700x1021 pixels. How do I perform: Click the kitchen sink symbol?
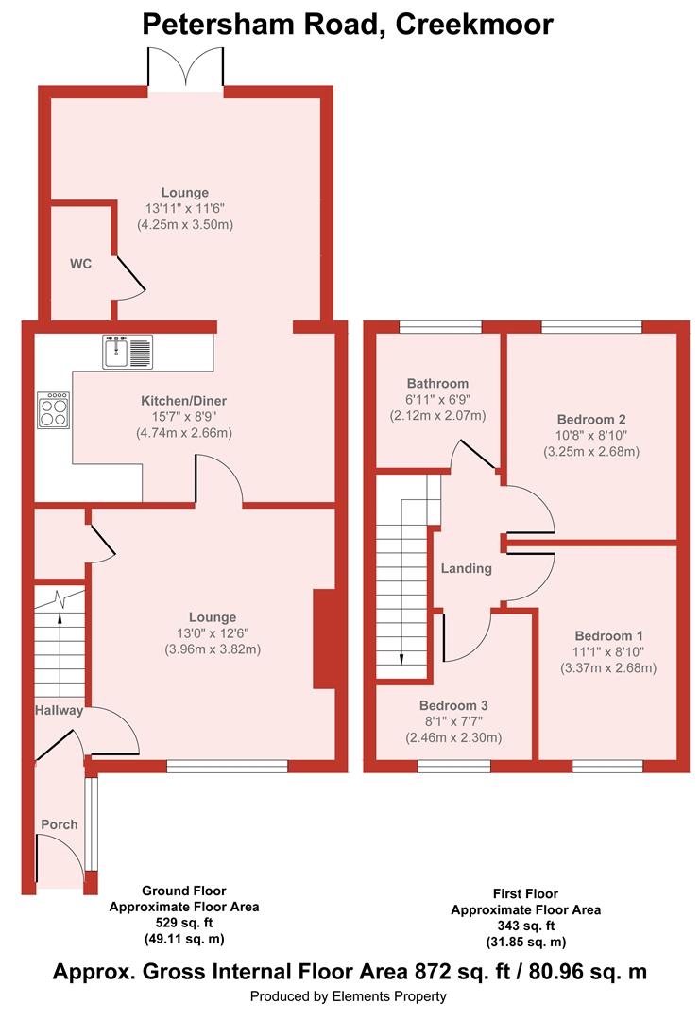pyautogui.click(x=128, y=352)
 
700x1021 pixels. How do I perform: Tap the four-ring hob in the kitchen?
pyautogui.click(x=53, y=410)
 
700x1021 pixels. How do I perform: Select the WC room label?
pyautogui.click(x=80, y=264)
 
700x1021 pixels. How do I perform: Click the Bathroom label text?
pyautogui.click(x=437, y=384)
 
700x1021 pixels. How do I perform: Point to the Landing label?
pyautogui.click(x=467, y=568)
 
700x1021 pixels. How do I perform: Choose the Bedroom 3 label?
pyautogui.click(x=453, y=705)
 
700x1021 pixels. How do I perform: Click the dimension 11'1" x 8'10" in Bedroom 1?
pyautogui.click(x=608, y=651)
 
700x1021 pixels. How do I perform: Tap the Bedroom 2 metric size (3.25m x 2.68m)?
pyautogui.click(x=591, y=451)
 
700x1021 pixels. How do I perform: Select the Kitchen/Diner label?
pyautogui.click(x=184, y=401)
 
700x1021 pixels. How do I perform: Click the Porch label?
pyautogui.click(x=60, y=824)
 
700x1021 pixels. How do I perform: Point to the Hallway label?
pyautogui.click(x=60, y=710)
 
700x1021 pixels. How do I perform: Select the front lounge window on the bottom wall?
pyautogui.click(x=227, y=767)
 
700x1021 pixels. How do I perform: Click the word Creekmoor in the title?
pyautogui.click(x=474, y=24)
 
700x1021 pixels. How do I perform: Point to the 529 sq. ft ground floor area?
pyautogui.click(x=184, y=923)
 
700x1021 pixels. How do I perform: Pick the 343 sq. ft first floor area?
pyautogui.click(x=525, y=926)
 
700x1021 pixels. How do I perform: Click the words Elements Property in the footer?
pyautogui.click(x=389, y=996)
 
